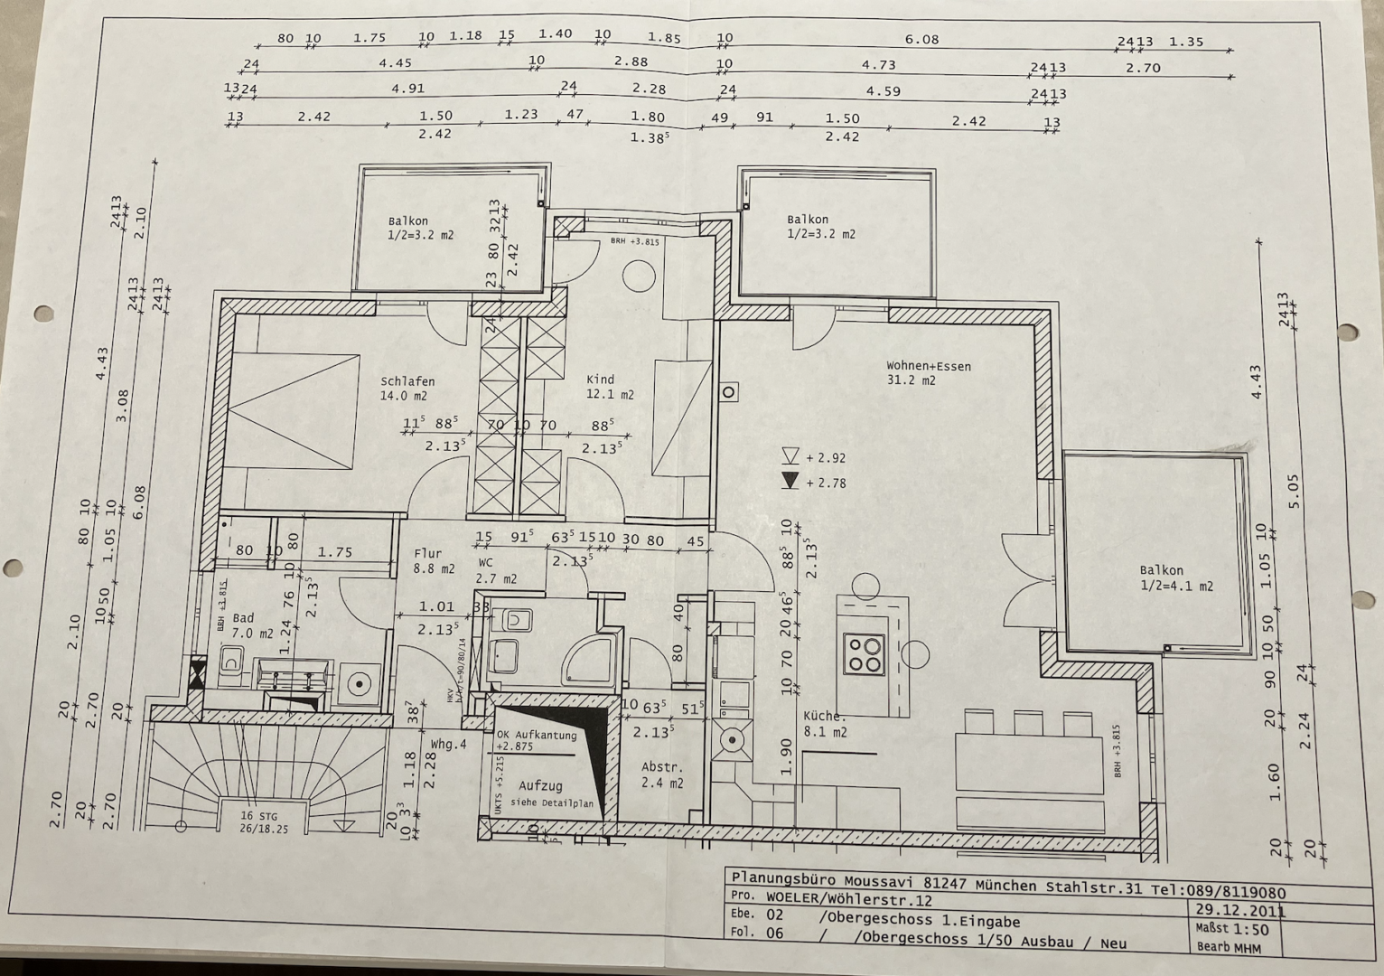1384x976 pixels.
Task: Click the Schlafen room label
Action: (x=407, y=381)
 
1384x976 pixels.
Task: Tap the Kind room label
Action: (x=600, y=380)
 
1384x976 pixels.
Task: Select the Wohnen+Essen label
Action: (x=928, y=366)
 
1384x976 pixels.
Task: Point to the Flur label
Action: (x=427, y=554)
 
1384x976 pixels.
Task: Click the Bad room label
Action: (x=243, y=618)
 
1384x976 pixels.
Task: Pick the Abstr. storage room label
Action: (x=660, y=767)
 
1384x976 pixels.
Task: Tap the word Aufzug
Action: (x=540, y=786)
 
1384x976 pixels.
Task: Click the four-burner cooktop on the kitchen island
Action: (x=863, y=654)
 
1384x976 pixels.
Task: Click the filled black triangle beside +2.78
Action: (x=790, y=481)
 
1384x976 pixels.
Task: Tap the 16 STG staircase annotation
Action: (x=259, y=816)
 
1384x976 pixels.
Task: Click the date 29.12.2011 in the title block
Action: (x=1239, y=910)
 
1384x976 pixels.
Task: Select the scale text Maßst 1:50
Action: (x=1231, y=929)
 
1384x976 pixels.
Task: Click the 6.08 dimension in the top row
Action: (x=921, y=40)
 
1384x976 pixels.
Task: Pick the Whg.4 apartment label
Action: (x=448, y=745)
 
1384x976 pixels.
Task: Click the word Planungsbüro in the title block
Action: (x=783, y=878)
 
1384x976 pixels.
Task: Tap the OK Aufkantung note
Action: (x=537, y=736)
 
